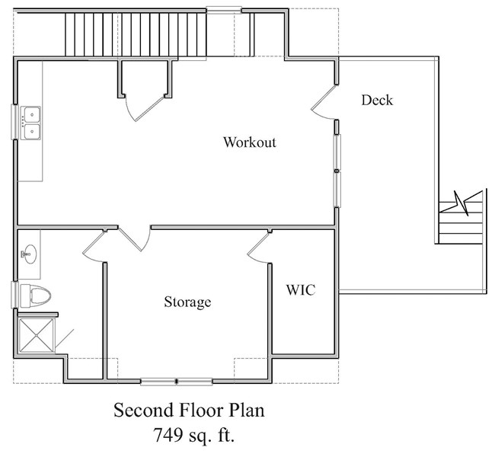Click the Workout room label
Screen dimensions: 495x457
click(x=250, y=142)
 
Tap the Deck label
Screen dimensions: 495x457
click(x=377, y=100)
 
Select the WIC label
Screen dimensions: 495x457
click(x=301, y=290)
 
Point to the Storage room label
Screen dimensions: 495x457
click(x=187, y=302)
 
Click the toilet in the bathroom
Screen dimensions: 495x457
click(x=35, y=296)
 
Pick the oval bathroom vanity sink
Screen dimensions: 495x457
click(x=30, y=254)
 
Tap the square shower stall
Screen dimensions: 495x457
click(x=37, y=335)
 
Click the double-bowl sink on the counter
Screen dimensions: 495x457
click(x=31, y=123)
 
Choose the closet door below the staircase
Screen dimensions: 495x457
click(x=145, y=107)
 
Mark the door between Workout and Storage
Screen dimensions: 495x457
click(x=133, y=239)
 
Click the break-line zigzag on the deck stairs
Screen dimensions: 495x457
click(x=461, y=202)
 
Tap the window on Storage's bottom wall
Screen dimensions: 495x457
click(x=177, y=382)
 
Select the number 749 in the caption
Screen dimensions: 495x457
click(x=168, y=435)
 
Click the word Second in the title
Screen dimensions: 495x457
click(x=144, y=411)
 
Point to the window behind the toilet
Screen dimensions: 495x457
click(x=14, y=295)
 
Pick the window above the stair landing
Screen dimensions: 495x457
click(x=224, y=10)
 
